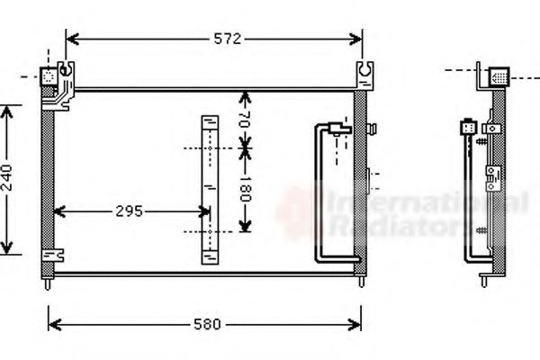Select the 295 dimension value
(x=128, y=212)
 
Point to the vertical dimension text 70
(x=245, y=117)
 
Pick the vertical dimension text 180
(x=245, y=189)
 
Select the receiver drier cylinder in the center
(x=209, y=189)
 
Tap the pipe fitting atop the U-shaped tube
(x=339, y=127)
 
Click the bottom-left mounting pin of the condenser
(x=47, y=285)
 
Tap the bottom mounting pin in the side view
(x=486, y=282)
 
